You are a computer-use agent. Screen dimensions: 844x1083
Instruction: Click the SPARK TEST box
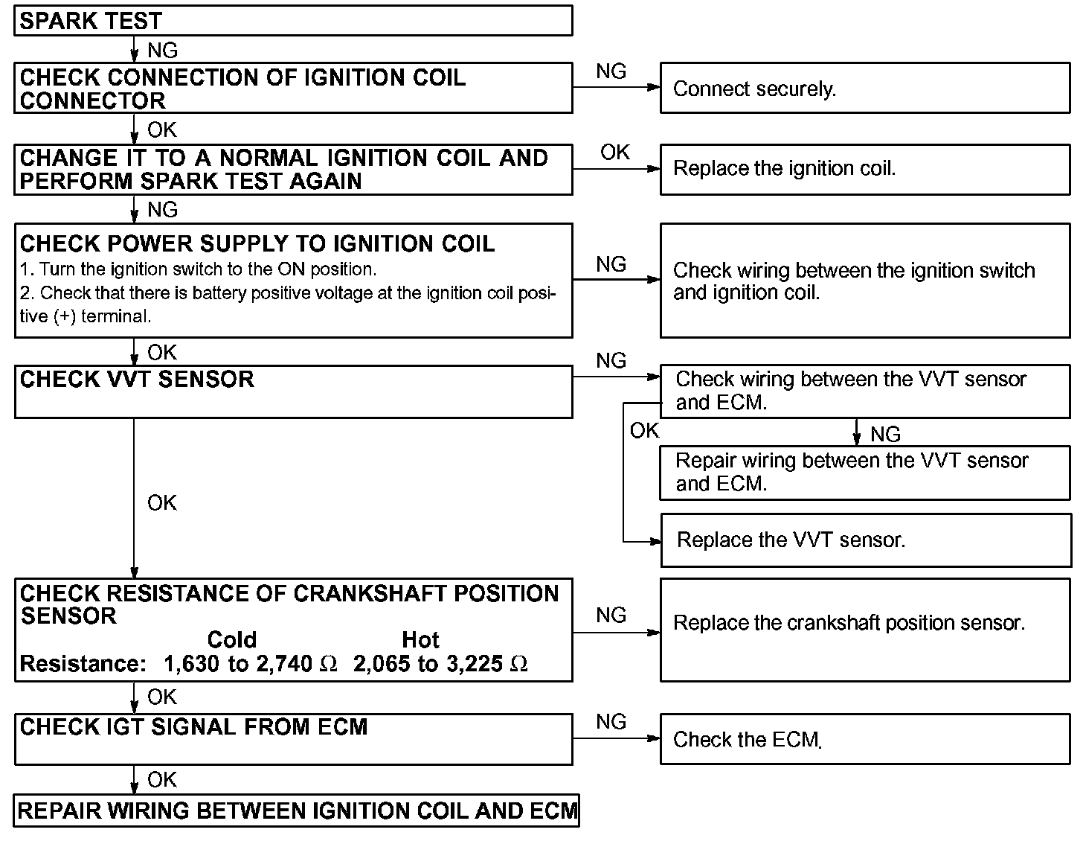pyautogui.click(x=293, y=21)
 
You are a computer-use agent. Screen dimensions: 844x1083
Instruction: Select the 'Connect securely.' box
pyautogui.click(x=864, y=89)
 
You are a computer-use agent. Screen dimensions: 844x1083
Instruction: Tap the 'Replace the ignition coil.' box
pyautogui.click(x=864, y=169)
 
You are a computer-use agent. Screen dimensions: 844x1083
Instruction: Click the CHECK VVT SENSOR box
pyautogui.click(x=293, y=391)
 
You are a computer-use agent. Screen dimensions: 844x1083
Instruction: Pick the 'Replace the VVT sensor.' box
pyautogui.click(x=865, y=540)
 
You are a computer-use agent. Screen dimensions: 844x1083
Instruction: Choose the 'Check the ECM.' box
pyautogui.click(x=864, y=739)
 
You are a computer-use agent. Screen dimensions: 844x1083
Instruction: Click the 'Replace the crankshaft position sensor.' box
pyautogui.click(x=864, y=630)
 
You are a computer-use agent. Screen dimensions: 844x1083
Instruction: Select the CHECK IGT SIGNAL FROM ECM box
pyautogui.click(x=293, y=739)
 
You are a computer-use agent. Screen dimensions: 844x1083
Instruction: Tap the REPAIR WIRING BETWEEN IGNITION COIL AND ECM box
pyautogui.click(x=296, y=811)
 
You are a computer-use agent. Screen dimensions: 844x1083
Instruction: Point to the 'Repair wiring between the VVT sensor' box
pyautogui.click(x=864, y=473)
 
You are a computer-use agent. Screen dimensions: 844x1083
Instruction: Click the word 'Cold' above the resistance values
pyautogui.click(x=231, y=640)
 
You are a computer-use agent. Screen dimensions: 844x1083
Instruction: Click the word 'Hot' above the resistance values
pyautogui.click(x=420, y=640)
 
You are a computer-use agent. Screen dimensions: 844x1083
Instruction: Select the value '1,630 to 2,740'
pyautogui.click(x=238, y=664)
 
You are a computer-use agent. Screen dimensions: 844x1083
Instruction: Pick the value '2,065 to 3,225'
pyautogui.click(x=428, y=664)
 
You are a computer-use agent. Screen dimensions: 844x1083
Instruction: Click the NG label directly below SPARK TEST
pyautogui.click(x=162, y=51)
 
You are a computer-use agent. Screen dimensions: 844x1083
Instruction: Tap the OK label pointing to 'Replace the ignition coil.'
pyautogui.click(x=615, y=153)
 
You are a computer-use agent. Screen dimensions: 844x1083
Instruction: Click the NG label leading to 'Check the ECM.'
pyautogui.click(x=611, y=722)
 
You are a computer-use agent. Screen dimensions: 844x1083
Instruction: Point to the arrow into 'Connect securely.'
pyautogui.click(x=653, y=87)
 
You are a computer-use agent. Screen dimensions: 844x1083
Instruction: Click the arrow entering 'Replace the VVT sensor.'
pyautogui.click(x=653, y=542)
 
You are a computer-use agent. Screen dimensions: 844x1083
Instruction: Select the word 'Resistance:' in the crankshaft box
pyautogui.click(x=83, y=664)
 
